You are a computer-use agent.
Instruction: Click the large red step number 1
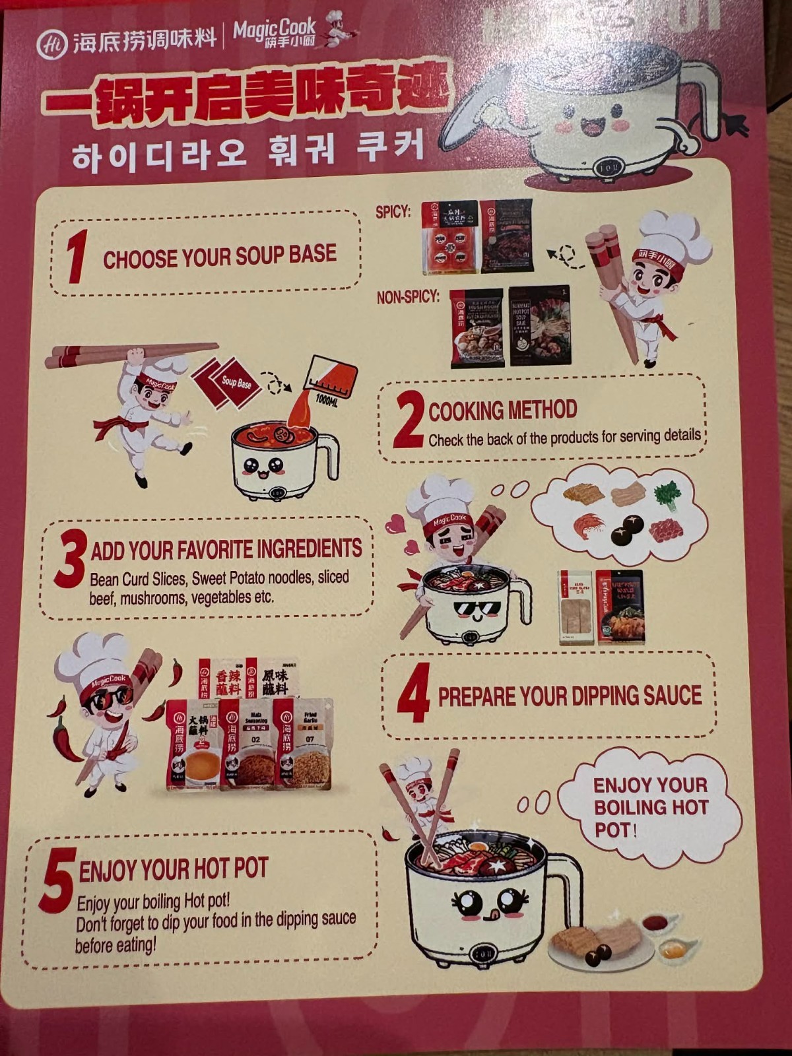tap(77, 256)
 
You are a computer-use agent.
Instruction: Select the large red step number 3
tap(70, 559)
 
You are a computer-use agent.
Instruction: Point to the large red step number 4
tap(414, 693)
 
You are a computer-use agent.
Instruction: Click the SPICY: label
tap(393, 212)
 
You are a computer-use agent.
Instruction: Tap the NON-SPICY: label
tap(408, 297)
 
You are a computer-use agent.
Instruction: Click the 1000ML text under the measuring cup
tap(327, 400)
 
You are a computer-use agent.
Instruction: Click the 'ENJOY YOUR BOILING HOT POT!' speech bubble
tap(650, 807)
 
